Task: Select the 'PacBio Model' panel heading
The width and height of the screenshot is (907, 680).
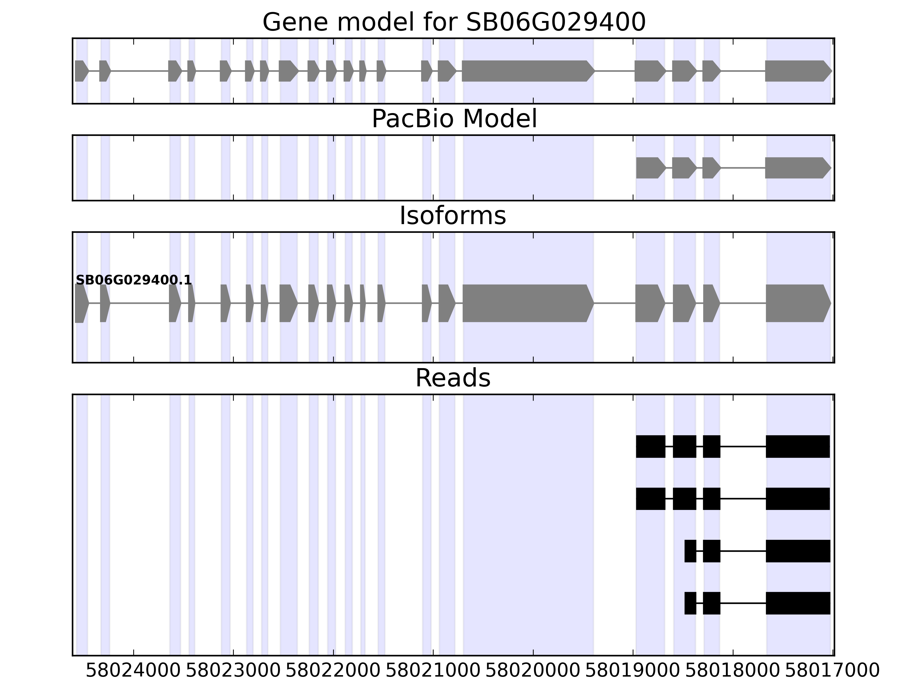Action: click(453, 119)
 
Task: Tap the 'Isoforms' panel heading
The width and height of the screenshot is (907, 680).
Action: click(453, 216)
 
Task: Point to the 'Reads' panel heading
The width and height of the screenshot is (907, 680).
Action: click(453, 378)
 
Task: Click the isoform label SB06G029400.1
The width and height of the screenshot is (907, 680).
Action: click(134, 280)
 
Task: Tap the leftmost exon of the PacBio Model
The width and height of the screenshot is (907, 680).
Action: click(650, 168)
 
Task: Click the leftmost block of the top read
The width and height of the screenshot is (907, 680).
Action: click(650, 446)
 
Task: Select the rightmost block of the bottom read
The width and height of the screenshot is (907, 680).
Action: click(798, 603)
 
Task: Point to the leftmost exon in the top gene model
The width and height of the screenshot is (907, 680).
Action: click(81, 71)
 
